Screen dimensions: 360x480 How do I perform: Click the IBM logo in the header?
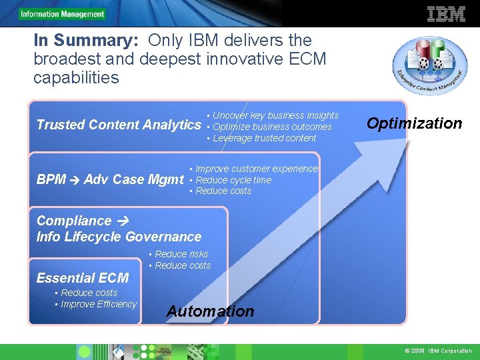pyautogui.click(x=446, y=13)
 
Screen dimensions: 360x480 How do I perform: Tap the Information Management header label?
pyautogui.click(x=62, y=14)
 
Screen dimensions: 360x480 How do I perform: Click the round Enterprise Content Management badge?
pyautogui.click(x=429, y=65)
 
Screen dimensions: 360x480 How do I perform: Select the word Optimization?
pyautogui.click(x=414, y=123)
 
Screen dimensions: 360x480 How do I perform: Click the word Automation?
pyautogui.click(x=210, y=311)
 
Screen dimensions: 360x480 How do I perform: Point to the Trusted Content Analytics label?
pyautogui.click(x=119, y=125)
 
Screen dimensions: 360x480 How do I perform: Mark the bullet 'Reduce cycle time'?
pyautogui.click(x=233, y=180)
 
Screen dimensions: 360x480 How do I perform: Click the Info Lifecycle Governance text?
pyautogui.click(x=119, y=237)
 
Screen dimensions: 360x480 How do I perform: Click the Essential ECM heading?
pyautogui.click(x=83, y=278)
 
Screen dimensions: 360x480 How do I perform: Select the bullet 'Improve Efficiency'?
pyautogui.click(x=98, y=304)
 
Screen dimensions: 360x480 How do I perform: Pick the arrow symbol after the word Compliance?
pyautogui.click(x=123, y=221)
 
